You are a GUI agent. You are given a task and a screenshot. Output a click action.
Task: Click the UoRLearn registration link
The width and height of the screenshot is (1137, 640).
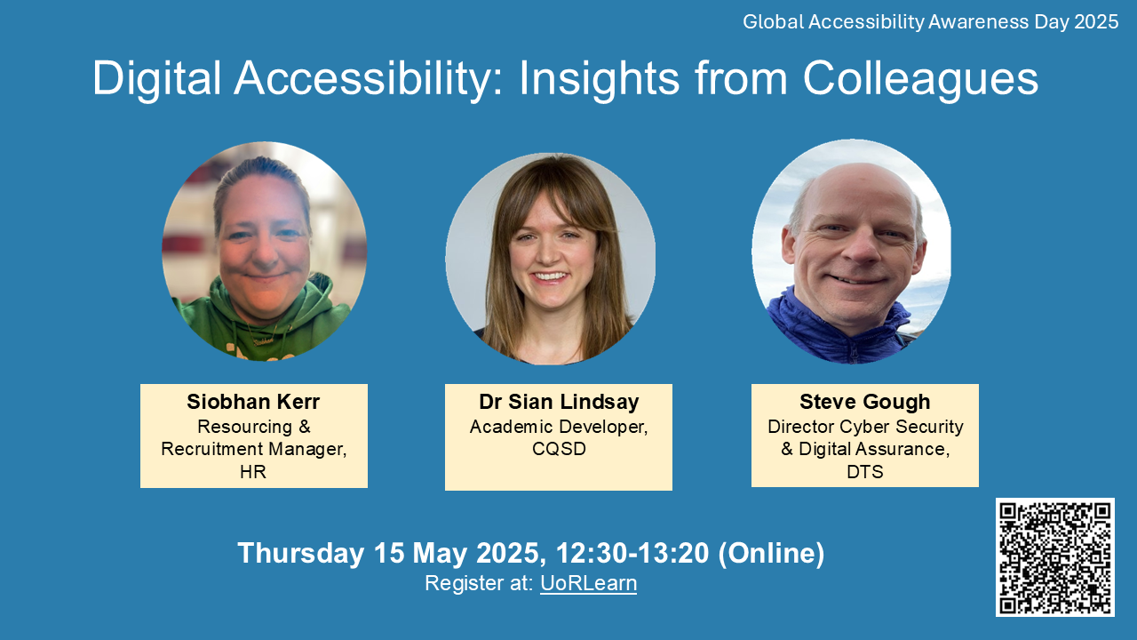[588, 584]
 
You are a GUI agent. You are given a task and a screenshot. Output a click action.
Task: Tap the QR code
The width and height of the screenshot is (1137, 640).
[1054, 557]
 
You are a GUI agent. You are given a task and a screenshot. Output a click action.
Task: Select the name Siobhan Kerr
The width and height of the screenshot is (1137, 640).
[253, 402]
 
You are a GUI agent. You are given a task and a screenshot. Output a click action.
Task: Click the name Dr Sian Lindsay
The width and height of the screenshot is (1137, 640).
[559, 402]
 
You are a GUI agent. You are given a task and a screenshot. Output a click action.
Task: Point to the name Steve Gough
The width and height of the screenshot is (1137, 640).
[864, 402]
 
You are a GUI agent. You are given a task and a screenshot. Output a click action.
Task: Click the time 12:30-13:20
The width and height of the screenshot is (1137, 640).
[632, 553]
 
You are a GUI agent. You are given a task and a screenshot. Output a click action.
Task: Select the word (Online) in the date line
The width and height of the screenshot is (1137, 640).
[771, 553]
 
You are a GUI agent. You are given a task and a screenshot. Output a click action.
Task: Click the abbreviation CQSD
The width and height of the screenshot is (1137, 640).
[559, 450]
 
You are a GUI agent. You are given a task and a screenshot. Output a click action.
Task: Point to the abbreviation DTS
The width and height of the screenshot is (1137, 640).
[864, 472]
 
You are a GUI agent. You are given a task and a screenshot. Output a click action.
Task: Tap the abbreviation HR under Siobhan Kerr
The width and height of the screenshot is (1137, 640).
[253, 472]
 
